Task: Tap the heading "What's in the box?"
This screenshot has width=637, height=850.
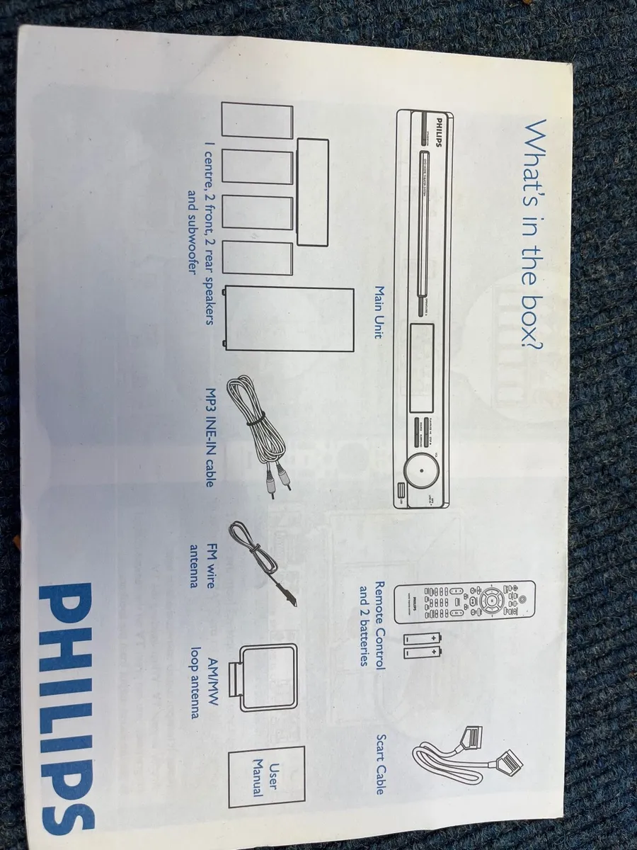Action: [x=536, y=233]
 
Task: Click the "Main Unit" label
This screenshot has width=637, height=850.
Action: [x=379, y=312]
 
